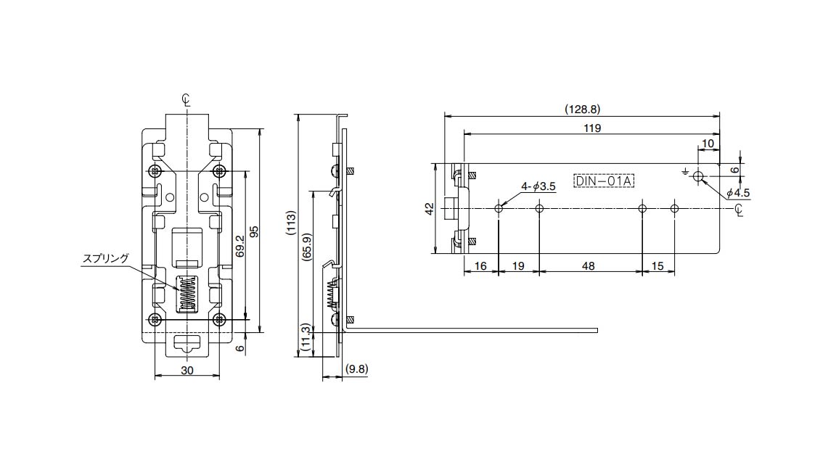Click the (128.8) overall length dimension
pyautogui.click(x=582, y=110)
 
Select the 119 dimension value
pyautogui.click(x=591, y=128)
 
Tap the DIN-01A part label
pyautogui.click(x=604, y=181)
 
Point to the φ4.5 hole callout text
pyautogui.click(x=737, y=193)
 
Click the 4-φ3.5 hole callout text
pyautogui.click(x=538, y=186)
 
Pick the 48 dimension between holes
pyautogui.click(x=589, y=266)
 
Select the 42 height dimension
pyautogui.click(x=430, y=208)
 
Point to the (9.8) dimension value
pyautogui.click(x=357, y=368)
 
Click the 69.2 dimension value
pyautogui.click(x=239, y=247)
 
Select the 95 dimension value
pyautogui.click(x=254, y=231)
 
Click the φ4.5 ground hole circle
pyautogui.click(x=698, y=176)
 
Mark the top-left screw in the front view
pyautogui.click(x=155, y=171)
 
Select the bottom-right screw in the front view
pyautogui.click(x=219, y=319)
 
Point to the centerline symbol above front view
pyautogui.click(x=187, y=101)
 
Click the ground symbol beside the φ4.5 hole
pyautogui.click(x=684, y=172)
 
